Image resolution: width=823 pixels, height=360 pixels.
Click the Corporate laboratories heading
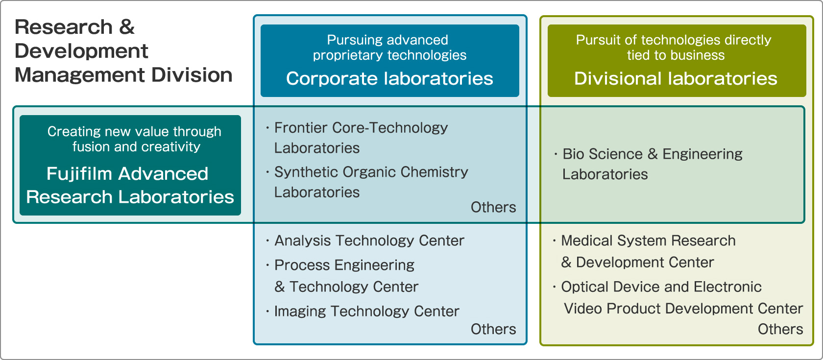pos(389,78)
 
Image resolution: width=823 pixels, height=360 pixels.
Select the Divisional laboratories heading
pos(676,78)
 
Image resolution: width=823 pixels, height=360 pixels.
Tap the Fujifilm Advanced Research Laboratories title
pos(130,185)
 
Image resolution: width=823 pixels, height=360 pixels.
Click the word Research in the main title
pos(64,27)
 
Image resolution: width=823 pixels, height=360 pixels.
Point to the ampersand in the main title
pos(127,27)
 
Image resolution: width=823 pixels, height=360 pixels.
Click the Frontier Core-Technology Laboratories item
pos(361,138)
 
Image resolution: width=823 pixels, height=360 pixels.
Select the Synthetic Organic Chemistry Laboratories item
pos(371,182)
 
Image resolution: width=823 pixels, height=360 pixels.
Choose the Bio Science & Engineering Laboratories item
pos(652,164)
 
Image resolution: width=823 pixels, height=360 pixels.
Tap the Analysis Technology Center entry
pos(369,240)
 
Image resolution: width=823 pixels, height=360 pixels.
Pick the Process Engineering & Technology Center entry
pos(346,275)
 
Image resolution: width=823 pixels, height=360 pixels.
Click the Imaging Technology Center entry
pos(366,312)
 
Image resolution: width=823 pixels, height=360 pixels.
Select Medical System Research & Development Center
pos(648,251)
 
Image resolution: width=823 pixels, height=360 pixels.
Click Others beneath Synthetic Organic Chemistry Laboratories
pos(493,208)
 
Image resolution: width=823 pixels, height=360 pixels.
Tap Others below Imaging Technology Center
pos(493,330)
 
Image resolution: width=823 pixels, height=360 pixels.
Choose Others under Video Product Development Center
pos(780,330)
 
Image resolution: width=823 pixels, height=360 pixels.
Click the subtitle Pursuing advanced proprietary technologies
pos(389,48)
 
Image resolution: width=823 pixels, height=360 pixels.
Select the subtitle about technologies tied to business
pos(674,48)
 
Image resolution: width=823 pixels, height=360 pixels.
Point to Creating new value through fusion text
pos(134,139)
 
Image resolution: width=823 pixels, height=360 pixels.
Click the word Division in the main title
pos(192,75)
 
